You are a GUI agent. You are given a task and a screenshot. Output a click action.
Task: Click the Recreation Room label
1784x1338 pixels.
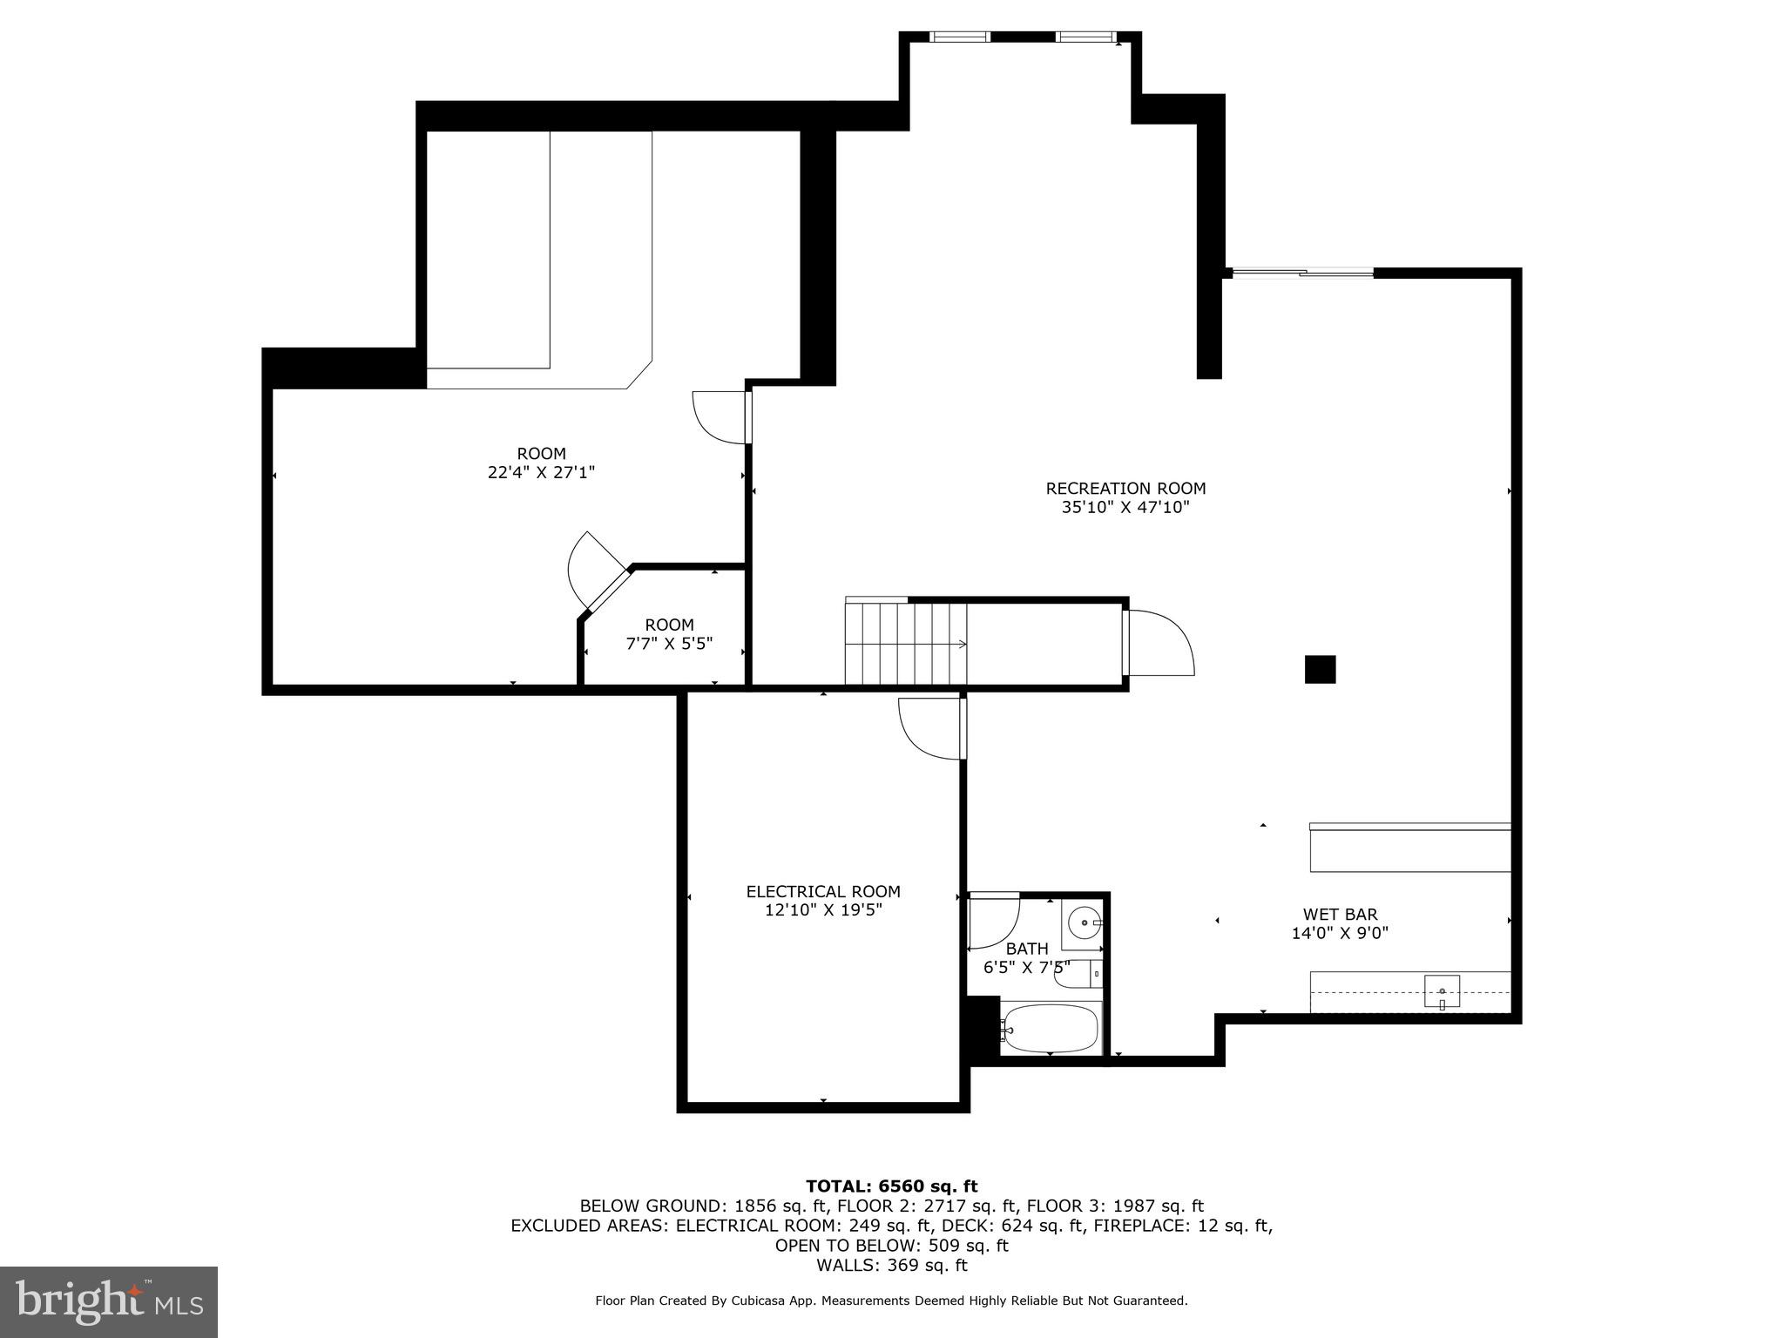click(x=1125, y=489)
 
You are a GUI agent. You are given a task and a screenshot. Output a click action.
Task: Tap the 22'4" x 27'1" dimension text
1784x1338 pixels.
click(x=541, y=473)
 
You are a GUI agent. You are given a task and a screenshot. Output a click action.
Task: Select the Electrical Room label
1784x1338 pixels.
click(x=822, y=891)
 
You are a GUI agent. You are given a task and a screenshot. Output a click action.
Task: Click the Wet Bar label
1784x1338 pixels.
click(x=1340, y=914)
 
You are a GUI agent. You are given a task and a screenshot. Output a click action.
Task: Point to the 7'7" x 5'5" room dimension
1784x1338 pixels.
click(x=669, y=644)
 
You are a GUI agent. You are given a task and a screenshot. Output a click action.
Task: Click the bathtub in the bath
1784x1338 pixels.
click(x=1050, y=1029)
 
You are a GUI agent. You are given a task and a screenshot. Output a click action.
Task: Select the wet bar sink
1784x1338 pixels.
click(x=1442, y=991)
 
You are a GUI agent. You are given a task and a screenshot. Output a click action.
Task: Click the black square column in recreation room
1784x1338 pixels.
click(x=1320, y=669)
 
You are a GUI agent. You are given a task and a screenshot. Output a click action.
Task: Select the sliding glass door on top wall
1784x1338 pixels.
click(x=1302, y=274)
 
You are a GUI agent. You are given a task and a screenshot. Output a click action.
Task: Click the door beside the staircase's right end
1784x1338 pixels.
click(x=1159, y=643)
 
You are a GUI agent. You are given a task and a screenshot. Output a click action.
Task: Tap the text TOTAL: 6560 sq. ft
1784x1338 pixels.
click(x=891, y=1186)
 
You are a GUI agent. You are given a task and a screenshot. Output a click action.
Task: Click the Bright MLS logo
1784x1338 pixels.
click(x=109, y=1301)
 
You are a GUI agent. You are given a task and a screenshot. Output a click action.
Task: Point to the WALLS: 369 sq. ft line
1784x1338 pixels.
click(x=891, y=1265)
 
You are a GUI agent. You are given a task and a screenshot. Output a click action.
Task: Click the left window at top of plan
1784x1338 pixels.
click(x=959, y=37)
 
